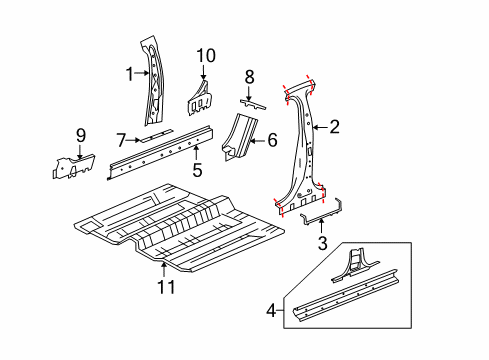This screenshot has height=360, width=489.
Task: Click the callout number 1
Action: [128, 72]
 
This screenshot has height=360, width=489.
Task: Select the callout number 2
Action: [335, 126]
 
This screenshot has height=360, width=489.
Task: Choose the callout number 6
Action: [272, 141]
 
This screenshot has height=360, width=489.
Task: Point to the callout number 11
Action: [166, 288]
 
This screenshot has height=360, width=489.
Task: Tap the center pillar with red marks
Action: [301, 150]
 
